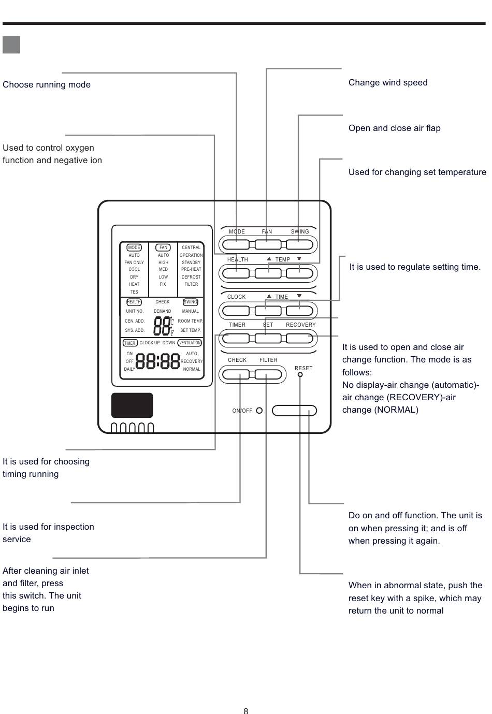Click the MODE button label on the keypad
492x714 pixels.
click(x=237, y=231)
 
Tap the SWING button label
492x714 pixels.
click(x=300, y=231)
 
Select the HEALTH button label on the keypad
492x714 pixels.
click(x=238, y=259)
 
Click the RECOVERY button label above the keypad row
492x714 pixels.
click(x=301, y=325)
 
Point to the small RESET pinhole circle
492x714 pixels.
click(x=300, y=374)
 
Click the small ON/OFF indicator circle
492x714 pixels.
click(x=259, y=411)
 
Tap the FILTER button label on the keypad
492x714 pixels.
click(x=268, y=360)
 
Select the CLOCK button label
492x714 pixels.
click(x=236, y=297)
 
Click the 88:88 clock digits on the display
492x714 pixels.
click(x=157, y=361)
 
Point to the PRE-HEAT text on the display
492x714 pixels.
click(x=191, y=269)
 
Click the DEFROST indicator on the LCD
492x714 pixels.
click(x=191, y=276)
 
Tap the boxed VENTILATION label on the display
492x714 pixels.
click(x=190, y=343)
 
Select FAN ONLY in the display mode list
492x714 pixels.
click(x=134, y=263)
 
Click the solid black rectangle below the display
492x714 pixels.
click(x=132, y=405)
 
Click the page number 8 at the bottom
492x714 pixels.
click(x=246, y=710)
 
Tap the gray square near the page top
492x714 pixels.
click(x=11, y=45)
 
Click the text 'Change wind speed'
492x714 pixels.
click(x=388, y=82)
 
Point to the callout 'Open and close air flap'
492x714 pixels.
click(x=395, y=128)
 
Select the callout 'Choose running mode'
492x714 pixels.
click(x=47, y=85)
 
